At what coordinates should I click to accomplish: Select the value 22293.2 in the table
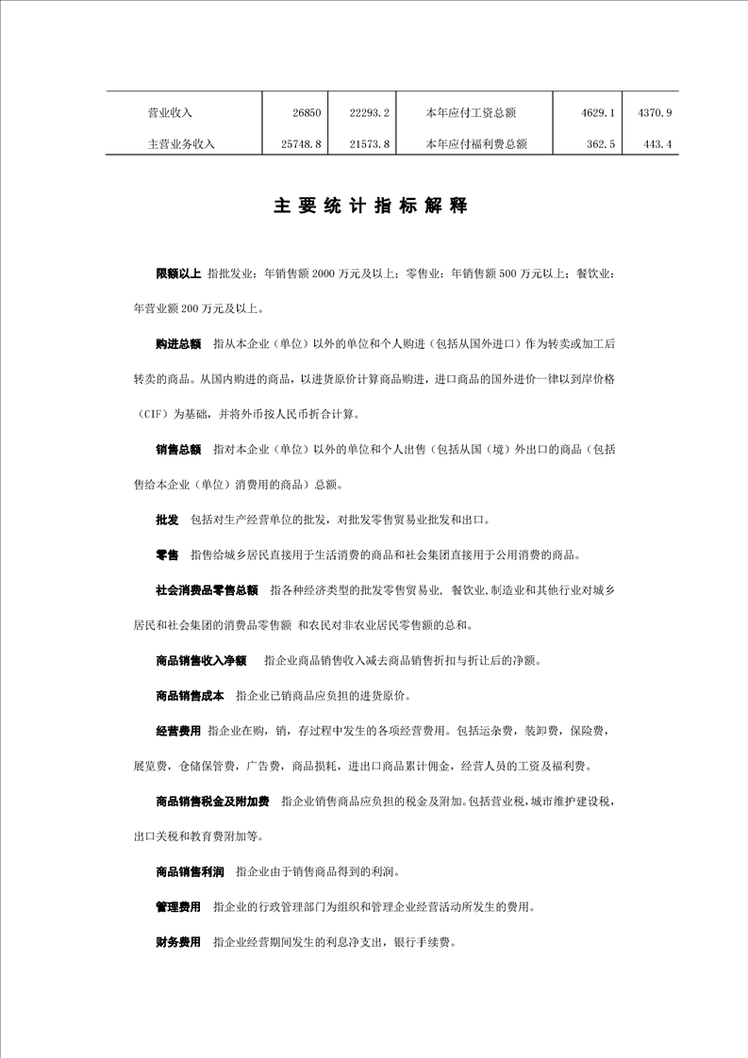tap(370, 113)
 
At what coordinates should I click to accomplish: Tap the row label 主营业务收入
tap(182, 145)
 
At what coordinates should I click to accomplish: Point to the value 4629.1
tap(599, 113)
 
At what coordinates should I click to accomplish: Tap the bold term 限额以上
tap(178, 273)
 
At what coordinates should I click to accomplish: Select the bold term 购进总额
tap(178, 344)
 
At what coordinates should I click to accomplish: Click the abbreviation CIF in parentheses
tap(155, 414)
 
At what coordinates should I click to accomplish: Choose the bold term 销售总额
tap(178, 450)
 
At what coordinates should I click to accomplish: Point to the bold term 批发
tap(167, 520)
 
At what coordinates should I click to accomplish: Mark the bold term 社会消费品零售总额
tap(207, 590)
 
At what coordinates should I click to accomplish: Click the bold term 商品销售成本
tap(190, 696)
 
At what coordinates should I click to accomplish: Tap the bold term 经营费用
tap(178, 731)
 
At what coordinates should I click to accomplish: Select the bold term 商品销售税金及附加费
tap(212, 802)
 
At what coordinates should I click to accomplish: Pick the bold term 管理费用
tap(178, 907)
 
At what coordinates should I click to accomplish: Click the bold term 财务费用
tap(178, 942)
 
